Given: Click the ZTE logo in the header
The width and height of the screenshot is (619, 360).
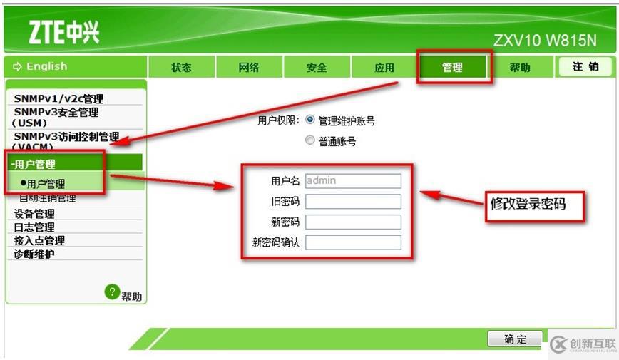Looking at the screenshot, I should (x=63, y=32).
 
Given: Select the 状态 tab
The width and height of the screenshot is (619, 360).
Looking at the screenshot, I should (x=181, y=68).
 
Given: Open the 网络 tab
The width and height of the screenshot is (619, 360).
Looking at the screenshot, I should (x=249, y=68).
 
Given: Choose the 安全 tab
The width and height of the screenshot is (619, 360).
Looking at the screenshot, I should (x=317, y=68).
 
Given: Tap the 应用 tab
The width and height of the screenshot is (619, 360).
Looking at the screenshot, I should (x=384, y=68).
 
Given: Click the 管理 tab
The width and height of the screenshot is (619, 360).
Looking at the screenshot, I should (x=452, y=68).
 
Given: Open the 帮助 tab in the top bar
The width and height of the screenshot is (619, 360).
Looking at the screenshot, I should (x=520, y=68).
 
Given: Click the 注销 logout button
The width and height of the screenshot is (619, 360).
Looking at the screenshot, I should (x=585, y=67).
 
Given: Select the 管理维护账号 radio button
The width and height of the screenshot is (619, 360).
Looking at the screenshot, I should (x=310, y=120).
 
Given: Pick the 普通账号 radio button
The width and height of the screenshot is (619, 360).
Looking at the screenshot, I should (x=310, y=140).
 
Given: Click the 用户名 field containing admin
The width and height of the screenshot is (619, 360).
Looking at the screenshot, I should (x=353, y=181).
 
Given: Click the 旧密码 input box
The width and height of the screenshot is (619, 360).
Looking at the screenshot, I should (x=353, y=202).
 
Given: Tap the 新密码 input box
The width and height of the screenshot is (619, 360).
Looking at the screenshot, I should (x=353, y=222).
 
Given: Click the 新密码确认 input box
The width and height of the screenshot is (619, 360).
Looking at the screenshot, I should (x=353, y=242).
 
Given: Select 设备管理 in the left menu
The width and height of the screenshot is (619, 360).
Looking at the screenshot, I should (x=34, y=214).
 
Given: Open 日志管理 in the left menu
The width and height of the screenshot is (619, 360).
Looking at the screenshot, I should (x=34, y=227).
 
